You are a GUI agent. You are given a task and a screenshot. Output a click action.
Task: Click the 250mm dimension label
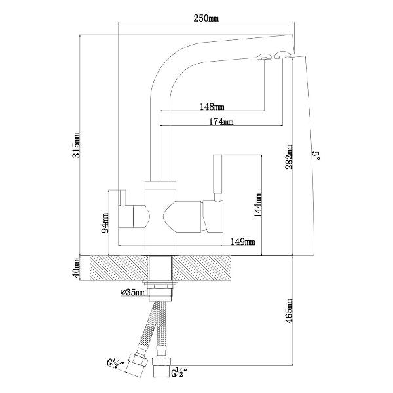pyautogui.click(x=206, y=18)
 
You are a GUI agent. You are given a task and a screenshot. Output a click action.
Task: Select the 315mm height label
pyautogui.click(x=76, y=145)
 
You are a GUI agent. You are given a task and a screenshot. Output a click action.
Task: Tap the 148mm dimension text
pyautogui.click(x=212, y=107)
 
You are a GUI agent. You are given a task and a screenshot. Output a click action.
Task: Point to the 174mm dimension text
pyautogui.click(x=221, y=122)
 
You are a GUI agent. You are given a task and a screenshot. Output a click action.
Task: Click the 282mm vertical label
pyautogui.click(x=289, y=157)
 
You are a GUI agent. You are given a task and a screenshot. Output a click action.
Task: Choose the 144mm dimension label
pyautogui.click(x=258, y=205)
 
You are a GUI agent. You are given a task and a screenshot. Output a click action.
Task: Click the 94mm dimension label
pyautogui.click(x=105, y=223)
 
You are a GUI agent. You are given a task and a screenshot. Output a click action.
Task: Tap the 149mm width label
pyautogui.click(x=242, y=242)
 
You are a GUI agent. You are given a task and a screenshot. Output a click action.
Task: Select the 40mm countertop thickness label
pyautogui.click(x=76, y=267)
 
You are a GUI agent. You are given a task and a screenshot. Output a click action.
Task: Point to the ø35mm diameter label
pyautogui.click(x=133, y=292)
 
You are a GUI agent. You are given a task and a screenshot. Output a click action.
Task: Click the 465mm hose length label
pyautogui.click(x=290, y=310)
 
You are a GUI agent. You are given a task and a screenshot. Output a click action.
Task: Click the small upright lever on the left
pyautogui.click(x=123, y=198)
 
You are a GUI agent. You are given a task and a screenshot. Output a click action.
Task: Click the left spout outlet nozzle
pyautogui.click(x=263, y=56)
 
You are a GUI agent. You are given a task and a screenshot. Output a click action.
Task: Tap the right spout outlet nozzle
pyautogui.click(x=282, y=55)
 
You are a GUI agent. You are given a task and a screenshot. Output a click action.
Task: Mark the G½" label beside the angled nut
pyautogui.click(x=115, y=364)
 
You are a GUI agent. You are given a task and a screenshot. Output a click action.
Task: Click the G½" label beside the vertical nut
pyautogui.click(x=180, y=373)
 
